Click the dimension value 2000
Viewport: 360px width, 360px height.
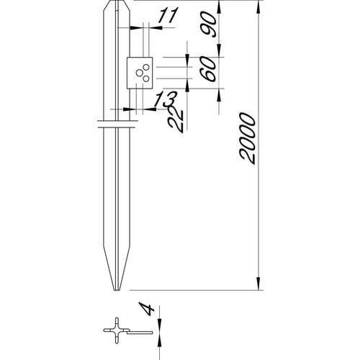coord(247,138)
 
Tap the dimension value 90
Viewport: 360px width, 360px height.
coord(208,24)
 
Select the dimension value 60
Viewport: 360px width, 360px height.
coord(208,68)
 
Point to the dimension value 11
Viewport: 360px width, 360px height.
coord(168,16)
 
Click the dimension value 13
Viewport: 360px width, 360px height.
coord(165,99)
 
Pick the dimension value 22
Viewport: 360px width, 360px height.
coord(176,120)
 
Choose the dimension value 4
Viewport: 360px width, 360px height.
coord(146,309)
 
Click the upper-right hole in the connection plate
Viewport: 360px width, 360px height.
coord(146,67)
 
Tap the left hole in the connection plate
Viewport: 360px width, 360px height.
coord(139,73)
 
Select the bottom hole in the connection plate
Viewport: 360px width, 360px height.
coord(146,78)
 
